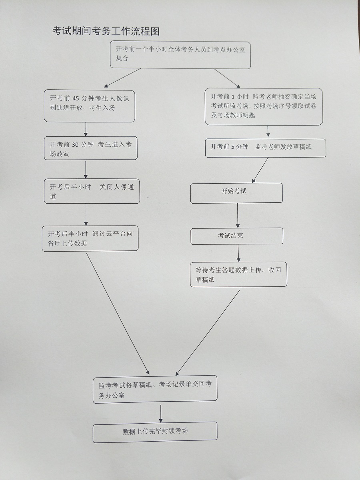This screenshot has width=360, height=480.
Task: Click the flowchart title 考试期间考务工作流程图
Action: [106, 31]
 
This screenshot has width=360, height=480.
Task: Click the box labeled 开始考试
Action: [236, 193]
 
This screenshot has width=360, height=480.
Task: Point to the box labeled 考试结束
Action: [236, 236]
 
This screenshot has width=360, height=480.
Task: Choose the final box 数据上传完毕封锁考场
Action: [155, 432]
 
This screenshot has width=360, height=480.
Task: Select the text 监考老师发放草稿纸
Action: [283, 147]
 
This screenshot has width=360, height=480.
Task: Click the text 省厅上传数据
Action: [67, 244]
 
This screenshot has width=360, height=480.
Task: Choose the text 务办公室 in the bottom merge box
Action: [112, 395]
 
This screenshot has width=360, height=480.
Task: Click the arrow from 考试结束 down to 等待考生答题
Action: [239, 253]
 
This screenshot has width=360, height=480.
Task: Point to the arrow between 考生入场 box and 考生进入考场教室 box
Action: [86, 130]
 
